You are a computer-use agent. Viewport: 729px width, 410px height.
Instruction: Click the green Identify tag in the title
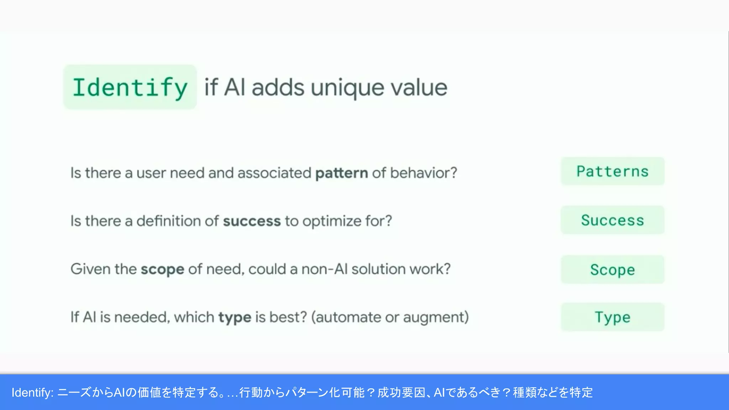[x=130, y=87]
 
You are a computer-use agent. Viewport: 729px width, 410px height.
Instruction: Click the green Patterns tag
[x=613, y=172]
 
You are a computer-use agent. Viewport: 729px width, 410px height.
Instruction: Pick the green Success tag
[x=613, y=220]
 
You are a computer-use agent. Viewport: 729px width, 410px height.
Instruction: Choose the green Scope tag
[x=613, y=269]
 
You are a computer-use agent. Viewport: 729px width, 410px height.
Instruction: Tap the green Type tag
[x=613, y=317]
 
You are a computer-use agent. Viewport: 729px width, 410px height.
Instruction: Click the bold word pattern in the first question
[x=342, y=173]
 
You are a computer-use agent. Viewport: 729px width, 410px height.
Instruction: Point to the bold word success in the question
[x=252, y=221]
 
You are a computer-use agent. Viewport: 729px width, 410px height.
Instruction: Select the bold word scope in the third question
[x=162, y=269]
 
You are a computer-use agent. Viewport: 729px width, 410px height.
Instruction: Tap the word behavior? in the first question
[x=424, y=173]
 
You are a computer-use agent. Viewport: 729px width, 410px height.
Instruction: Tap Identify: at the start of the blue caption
[x=32, y=392]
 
